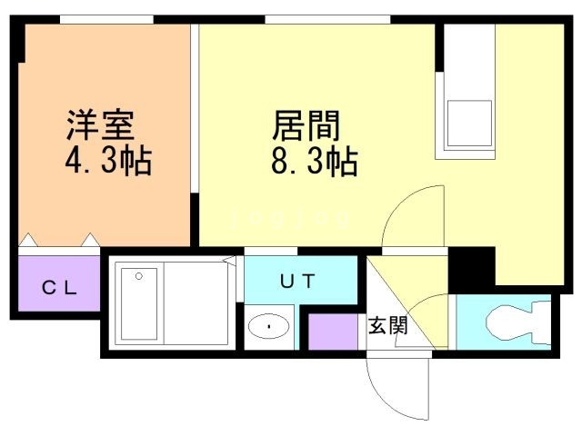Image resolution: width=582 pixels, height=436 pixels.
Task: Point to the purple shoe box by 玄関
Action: point(332,332)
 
